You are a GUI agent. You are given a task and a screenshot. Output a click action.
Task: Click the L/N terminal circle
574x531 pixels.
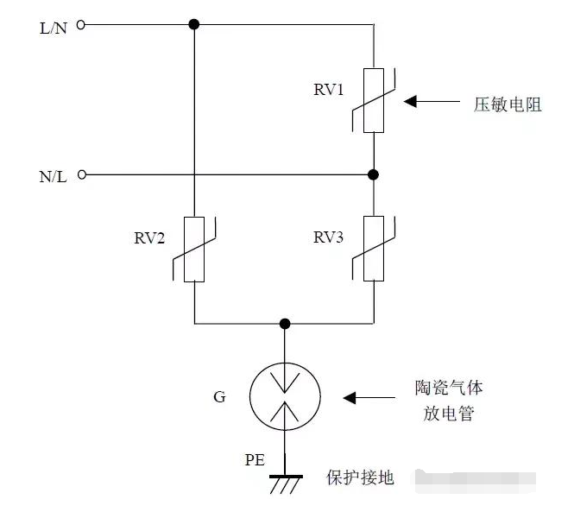point(81,26)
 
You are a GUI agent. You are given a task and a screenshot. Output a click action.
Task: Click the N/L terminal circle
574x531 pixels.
point(81,174)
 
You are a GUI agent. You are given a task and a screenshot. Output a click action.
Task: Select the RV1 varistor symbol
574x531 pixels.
point(373,100)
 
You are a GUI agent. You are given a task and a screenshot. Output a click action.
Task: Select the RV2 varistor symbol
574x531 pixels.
point(195,250)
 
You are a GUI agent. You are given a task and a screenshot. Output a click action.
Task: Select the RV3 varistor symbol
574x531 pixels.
point(373,250)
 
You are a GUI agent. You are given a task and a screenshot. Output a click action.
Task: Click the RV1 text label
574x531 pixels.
point(329,89)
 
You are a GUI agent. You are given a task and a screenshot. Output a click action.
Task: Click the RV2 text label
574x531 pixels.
point(150,239)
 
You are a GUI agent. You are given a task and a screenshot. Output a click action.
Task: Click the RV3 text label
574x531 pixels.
point(329,239)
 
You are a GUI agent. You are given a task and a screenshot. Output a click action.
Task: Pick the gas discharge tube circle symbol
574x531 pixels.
point(284,397)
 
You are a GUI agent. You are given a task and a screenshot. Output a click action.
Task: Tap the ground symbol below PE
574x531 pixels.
point(284,483)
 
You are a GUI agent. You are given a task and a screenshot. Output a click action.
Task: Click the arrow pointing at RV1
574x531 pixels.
point(432,101)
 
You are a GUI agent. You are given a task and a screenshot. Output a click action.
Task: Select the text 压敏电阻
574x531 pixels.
point(508,103)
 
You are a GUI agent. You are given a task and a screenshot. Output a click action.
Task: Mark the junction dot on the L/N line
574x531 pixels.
point(195,26)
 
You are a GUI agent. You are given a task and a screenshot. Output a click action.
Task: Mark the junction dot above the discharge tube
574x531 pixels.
point(284,324)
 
